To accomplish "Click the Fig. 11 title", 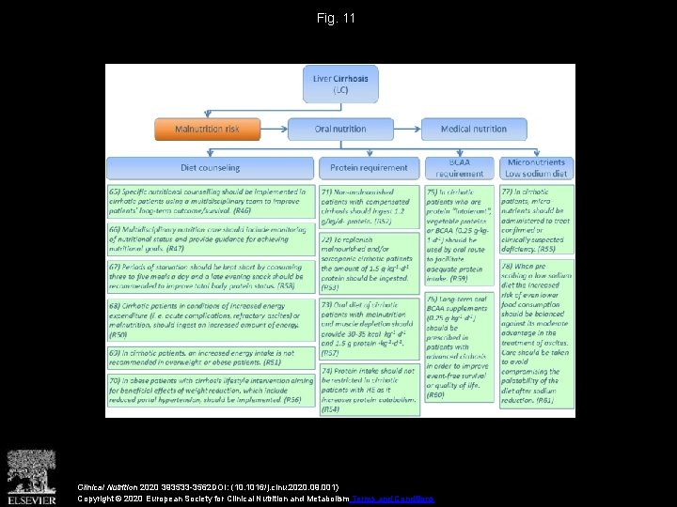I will (x=338, y=18).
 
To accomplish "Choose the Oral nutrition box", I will (x=341, y=129).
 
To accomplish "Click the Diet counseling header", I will (x=210, y=168).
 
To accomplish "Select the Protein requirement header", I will (x=370, y=168).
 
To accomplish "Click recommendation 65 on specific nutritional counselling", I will (x=210, y=199).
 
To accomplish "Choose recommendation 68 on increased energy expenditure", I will (x=210, y=319).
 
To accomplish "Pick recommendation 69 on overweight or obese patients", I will (x=210, y=357).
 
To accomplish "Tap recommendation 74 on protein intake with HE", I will (x=370, y=389).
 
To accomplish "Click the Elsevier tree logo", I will (x=31, y=475).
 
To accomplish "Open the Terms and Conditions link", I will (x=391, y=499).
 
